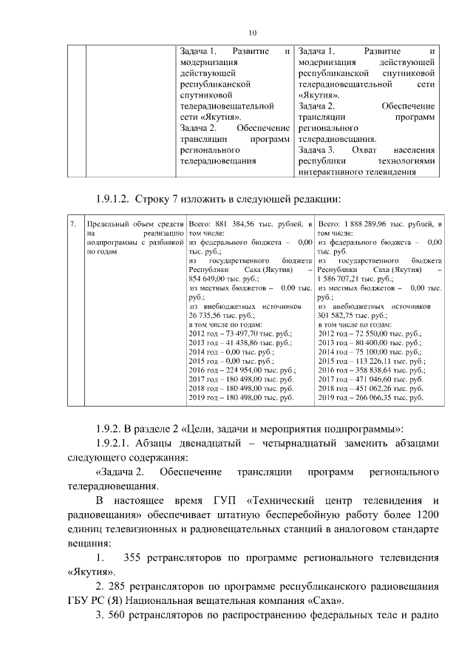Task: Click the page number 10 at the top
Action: coord(251,33)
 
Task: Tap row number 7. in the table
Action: coord(72,223)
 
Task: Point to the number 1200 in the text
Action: coord(428,514)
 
